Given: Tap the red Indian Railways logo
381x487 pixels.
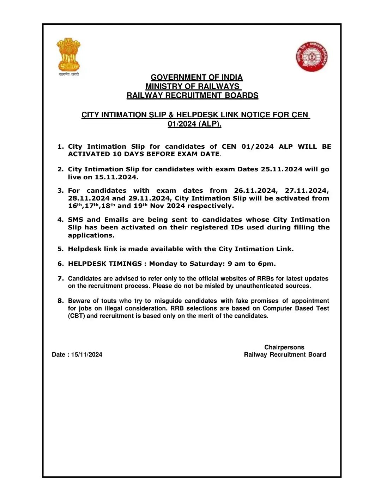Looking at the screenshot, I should [312, 56].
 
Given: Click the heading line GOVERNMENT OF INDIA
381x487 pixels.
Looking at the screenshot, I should [196, 78].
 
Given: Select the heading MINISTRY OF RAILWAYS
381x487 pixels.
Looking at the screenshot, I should [193, 86].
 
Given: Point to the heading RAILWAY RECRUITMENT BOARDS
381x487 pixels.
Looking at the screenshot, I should [192, 95].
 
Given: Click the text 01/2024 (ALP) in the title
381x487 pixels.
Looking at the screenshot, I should [194, 124].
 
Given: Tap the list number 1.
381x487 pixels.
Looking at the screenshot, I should [60, 147].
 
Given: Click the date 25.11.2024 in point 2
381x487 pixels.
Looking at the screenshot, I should [281, 169].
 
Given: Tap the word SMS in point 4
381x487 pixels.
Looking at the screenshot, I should [75, 220].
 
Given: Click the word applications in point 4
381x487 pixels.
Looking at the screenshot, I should [91, 235].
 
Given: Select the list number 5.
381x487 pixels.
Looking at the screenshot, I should [60, 249].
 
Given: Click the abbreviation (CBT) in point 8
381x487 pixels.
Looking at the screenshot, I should [76, 316].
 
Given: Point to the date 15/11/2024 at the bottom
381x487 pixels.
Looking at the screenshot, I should [86, 355].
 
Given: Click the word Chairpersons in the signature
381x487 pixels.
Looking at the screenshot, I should [284, 347].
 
